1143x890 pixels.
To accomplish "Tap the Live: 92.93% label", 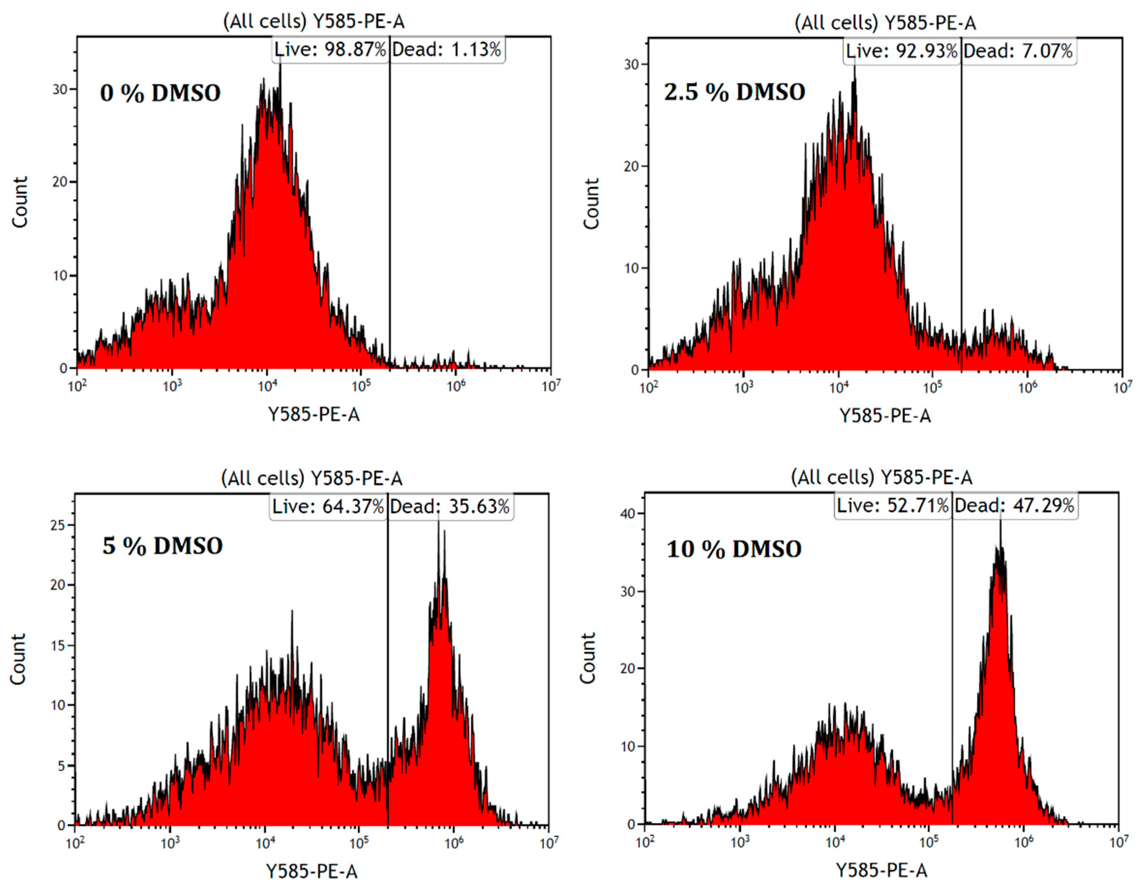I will tap(901, 51).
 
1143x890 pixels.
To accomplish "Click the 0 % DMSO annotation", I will tap(160, 93).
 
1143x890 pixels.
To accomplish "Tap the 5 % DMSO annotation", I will tap(162, 546).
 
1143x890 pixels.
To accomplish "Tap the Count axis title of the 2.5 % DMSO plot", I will tap(591, 203).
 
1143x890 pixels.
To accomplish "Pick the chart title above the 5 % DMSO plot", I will tap(312, 478).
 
